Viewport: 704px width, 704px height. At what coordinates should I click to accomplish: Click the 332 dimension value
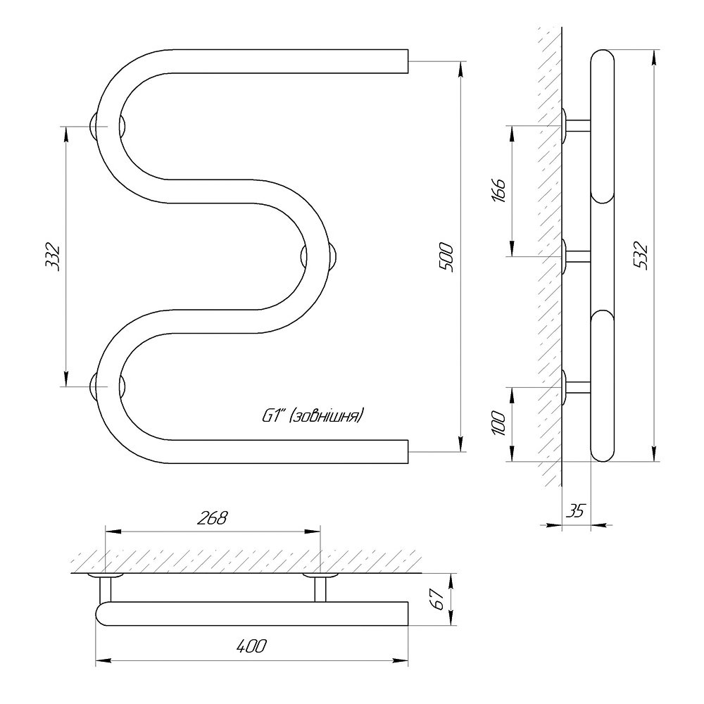click(x=53, y=256)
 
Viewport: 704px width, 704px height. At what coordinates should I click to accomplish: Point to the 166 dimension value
click(x=499, y=190)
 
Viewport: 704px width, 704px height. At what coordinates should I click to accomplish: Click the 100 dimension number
click(x=499, y=423)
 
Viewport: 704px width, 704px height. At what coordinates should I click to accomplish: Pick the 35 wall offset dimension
click(x=575, y=510)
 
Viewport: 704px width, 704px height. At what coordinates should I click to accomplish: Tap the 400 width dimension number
click(x=251, y=646)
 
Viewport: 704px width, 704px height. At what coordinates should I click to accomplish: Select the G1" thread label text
click(x=313, y=417)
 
